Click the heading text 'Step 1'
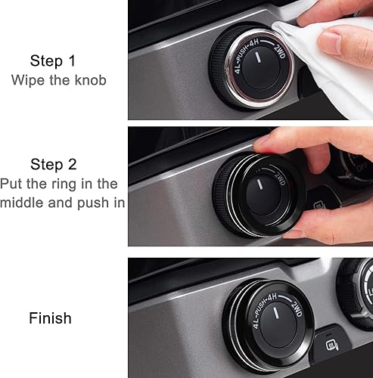(x=54, y=60)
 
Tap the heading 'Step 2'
(x=54, y=164)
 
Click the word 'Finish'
(x=50, y=318)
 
